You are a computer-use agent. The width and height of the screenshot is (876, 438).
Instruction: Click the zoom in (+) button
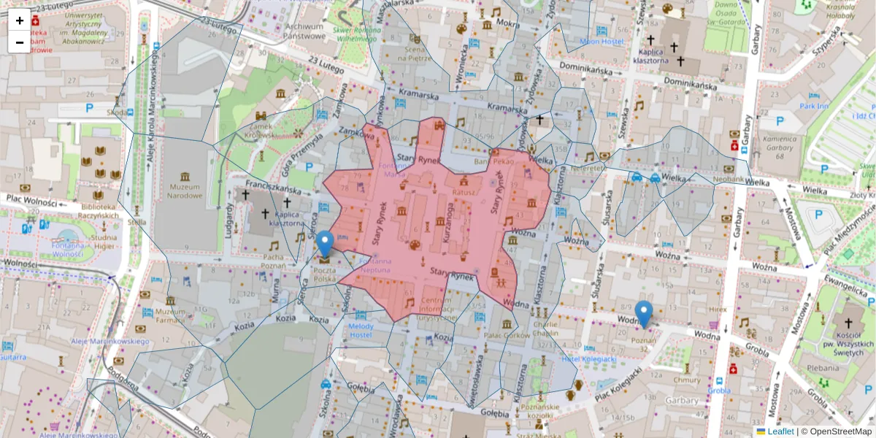(x=20, y=20)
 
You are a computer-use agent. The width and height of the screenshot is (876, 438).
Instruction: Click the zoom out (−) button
(x=20, y=42)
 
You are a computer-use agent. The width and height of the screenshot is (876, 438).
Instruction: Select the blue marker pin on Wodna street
(x=644, y=314)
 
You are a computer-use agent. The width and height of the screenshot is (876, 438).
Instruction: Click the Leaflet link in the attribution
(x=780, y=431)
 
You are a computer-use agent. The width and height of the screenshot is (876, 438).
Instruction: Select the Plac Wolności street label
(x=32, y=199)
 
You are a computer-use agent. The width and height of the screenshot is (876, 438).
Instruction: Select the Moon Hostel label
(x=602, y=42)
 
